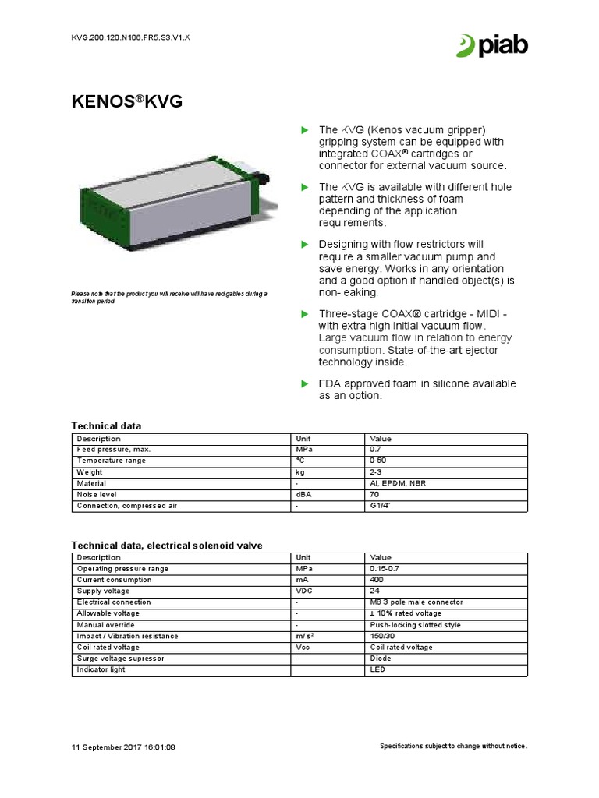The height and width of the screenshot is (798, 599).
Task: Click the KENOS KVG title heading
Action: point(127,101)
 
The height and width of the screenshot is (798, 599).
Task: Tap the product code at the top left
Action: point(125,37)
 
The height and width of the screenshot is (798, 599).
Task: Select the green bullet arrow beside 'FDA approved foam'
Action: point(306,383)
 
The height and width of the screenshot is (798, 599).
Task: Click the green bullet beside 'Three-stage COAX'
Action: point(306,313)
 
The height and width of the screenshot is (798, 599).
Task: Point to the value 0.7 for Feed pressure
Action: point(375,450)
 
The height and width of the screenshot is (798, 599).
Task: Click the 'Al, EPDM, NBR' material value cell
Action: point(398,483)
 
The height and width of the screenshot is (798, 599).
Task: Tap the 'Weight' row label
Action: point(89,472)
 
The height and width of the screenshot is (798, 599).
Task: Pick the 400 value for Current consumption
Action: point(377,580)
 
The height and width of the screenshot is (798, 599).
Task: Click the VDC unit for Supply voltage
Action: point(303,591)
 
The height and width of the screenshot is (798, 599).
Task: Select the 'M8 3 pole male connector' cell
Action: point(416,602)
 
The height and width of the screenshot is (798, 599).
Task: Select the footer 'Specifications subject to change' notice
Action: point(453,746)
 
